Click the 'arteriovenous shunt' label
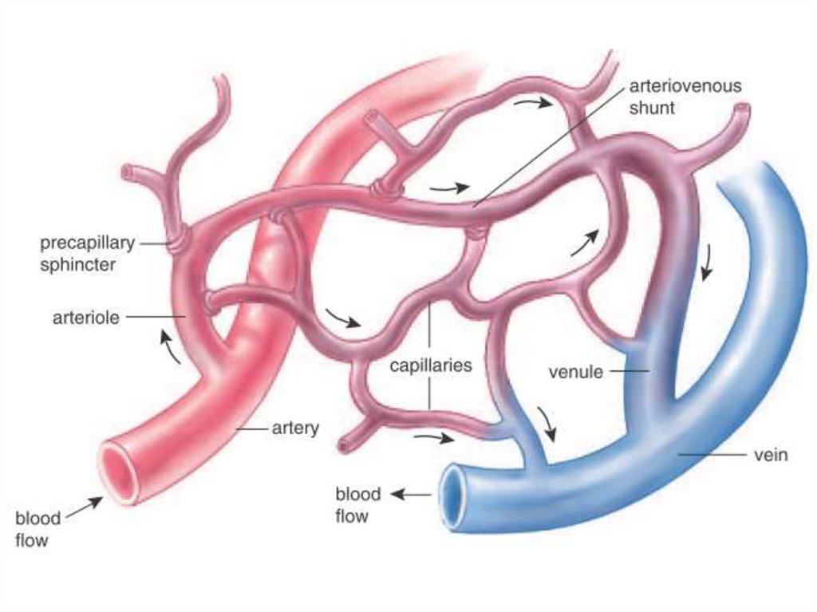(685, 97)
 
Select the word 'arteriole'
(86, 318)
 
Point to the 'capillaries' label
(431, 366)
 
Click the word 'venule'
(575, 372)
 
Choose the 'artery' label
(295, 428)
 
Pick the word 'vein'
(771, 455)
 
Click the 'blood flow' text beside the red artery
(37, 529)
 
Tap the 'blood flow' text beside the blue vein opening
(357, 505)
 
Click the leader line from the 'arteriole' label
(156, 318)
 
